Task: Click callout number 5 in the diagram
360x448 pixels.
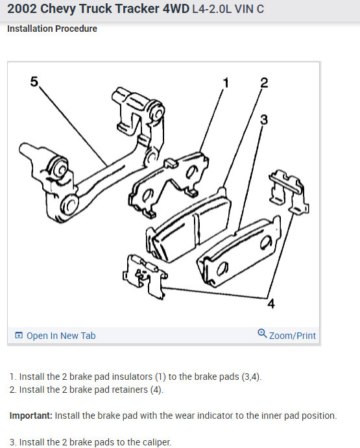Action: coord(34,82)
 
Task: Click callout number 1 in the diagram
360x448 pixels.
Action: coord(226,83)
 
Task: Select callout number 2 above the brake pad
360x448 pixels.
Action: coord(264,83)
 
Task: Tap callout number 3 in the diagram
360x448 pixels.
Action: coord(264,119)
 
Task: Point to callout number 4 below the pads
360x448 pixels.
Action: coord(271,304)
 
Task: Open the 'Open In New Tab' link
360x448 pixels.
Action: coord(61,336)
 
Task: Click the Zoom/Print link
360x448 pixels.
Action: coord(293,336)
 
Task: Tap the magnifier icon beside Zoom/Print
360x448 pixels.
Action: coord(262,334)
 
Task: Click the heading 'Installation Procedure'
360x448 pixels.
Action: coord(52,29)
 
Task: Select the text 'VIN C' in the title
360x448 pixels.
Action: coord(249,9)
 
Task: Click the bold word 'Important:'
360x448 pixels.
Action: coord(31,416)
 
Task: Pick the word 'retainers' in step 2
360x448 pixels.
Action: coord(130,390)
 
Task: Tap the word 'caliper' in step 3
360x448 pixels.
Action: coord(156,442)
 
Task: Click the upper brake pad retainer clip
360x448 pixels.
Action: coord(289,192)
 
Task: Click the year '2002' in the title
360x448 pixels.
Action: coord(22,9)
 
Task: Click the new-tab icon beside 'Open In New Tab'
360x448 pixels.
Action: coord(19,335)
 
